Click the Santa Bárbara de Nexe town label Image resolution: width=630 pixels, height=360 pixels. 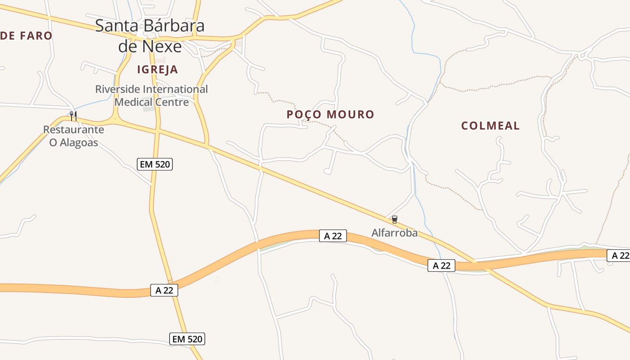[x=150, y=36]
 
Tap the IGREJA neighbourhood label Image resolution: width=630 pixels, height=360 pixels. [x=157, y=69]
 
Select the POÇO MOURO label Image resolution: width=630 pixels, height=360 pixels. [x=330, y=114]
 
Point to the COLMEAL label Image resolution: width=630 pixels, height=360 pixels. [x=490, y=126]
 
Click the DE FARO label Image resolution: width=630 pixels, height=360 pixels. [x=26, y=36]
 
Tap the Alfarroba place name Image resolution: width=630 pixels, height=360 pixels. [x=394, y=233]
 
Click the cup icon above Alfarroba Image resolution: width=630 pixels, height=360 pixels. [x=395, y=220]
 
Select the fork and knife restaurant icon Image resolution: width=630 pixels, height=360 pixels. [x=73, y=116]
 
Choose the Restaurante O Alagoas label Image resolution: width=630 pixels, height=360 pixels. [x=73, y=136]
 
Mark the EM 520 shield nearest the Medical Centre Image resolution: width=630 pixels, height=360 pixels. [x=155, y=164]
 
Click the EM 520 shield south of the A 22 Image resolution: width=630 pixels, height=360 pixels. [x=187, y=338]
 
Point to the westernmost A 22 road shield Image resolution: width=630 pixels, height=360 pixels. [x=164, y=290]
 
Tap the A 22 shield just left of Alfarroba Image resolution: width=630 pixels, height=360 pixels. [x=333, y=235]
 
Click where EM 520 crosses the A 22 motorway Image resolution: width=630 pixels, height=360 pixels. [x=171, y=282]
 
